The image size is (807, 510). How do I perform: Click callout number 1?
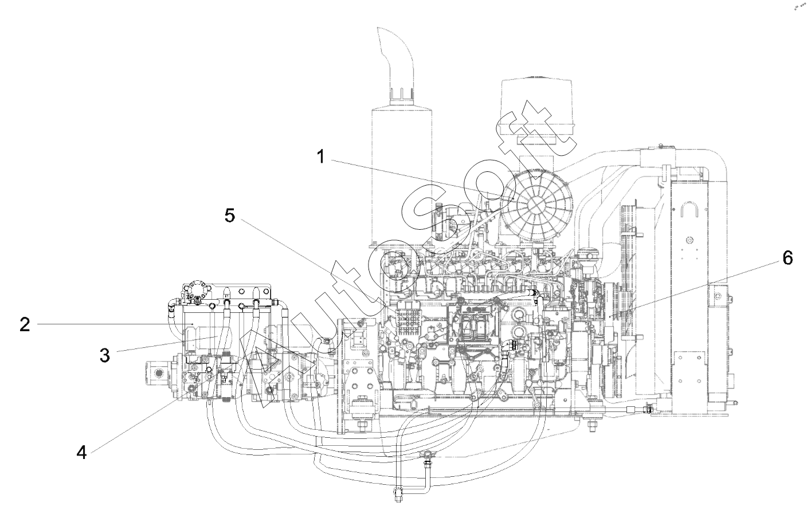(x=321, y=156)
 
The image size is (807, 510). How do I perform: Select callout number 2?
(x=24, y=325)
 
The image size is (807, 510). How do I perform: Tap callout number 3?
(x=104, y=355)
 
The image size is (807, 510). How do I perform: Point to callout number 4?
(x=81, y=452)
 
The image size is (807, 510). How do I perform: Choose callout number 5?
(x=229, y=216)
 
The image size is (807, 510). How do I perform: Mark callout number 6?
(x=788, y=258)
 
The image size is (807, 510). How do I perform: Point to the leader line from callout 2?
(x=115, y=325)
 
